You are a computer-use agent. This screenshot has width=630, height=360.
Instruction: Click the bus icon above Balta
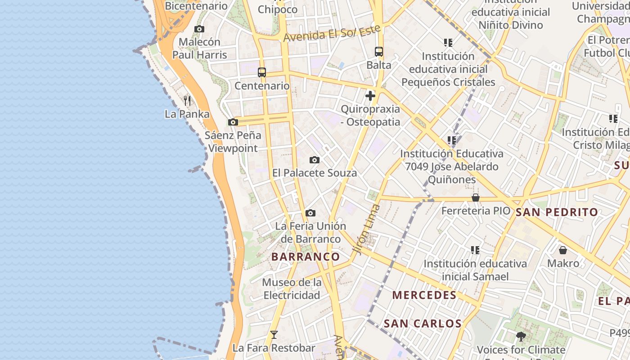click(x=379, y=52)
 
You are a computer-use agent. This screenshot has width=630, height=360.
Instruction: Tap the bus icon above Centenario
click(x=262, y=72)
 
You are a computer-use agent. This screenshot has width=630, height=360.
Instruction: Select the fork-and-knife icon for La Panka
click(x=187, y=100)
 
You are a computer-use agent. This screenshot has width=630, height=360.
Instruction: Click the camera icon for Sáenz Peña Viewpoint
click(x=233, y=122)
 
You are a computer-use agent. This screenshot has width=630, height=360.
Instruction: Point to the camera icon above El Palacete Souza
click(x=315, y=160)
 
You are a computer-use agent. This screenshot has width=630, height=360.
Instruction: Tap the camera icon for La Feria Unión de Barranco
click(x=310, y=213)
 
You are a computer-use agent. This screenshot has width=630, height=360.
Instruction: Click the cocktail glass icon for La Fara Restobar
click(x=274, y=335)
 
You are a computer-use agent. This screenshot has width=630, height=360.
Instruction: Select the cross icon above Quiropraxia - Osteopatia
click(x=370, y=96)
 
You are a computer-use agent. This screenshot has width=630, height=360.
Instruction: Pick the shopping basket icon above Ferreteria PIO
click(x=476, y=198)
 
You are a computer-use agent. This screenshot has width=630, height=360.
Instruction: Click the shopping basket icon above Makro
click(x=563, y=250)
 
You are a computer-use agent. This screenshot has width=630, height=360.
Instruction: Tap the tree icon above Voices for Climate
click(x=521, y=336)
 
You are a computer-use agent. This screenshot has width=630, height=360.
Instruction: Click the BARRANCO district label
click(x=306, y=257)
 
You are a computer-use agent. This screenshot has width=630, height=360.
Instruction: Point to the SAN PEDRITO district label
click(x=557, y=212)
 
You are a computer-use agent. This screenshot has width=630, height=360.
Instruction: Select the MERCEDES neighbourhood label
click(x=424, y=295)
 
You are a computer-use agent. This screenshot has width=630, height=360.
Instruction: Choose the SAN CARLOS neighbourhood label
click(x=423, y=324)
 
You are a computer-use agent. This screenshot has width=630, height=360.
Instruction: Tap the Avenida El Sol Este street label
click(x=333, y=33)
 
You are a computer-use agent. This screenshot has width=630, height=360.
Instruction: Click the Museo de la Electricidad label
click(x=292, y=289)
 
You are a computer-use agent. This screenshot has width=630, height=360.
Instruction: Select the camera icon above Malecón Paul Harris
click(x=199, y=29)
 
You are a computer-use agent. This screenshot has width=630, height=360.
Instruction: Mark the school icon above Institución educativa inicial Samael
click(x=475, y=250)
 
